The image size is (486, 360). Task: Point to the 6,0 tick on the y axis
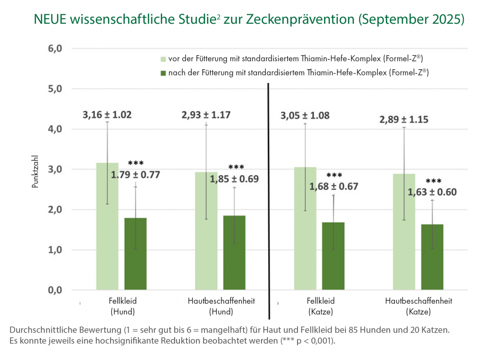[56, 49]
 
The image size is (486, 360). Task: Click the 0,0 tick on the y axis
[56, 290]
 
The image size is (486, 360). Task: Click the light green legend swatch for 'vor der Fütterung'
[163, 59]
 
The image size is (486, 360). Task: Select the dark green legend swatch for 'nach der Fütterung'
[163, 73]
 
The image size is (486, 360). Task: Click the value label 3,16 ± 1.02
[107, 114]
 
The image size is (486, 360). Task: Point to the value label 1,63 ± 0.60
[432, 192]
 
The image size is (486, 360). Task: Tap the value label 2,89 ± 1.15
[404, 120]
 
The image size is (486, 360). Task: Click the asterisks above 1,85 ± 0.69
[236, 167]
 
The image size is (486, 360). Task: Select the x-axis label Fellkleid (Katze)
[320, 306]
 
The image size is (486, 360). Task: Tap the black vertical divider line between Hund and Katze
[269, 199]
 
